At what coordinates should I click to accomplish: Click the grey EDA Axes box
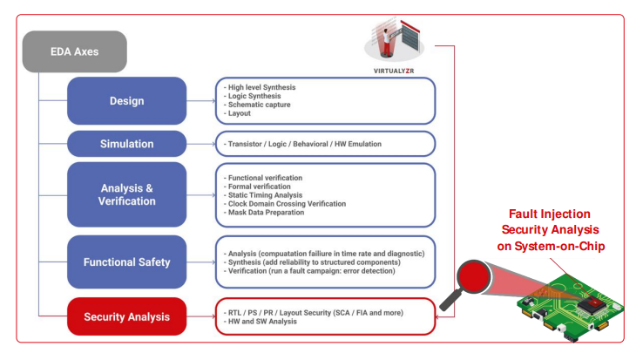75,51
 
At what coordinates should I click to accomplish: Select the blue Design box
126,101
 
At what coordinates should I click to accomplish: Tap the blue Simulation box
126,144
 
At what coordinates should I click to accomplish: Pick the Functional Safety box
126,262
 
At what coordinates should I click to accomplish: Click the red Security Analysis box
126,316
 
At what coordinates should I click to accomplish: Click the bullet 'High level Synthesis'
261,87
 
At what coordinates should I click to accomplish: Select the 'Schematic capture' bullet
259,105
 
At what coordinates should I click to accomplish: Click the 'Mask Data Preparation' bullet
266,212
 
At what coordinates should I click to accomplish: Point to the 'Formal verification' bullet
261,186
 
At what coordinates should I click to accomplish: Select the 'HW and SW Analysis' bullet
262,322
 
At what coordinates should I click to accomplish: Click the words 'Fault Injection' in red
551,214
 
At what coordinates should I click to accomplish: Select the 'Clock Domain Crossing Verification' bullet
287,203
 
